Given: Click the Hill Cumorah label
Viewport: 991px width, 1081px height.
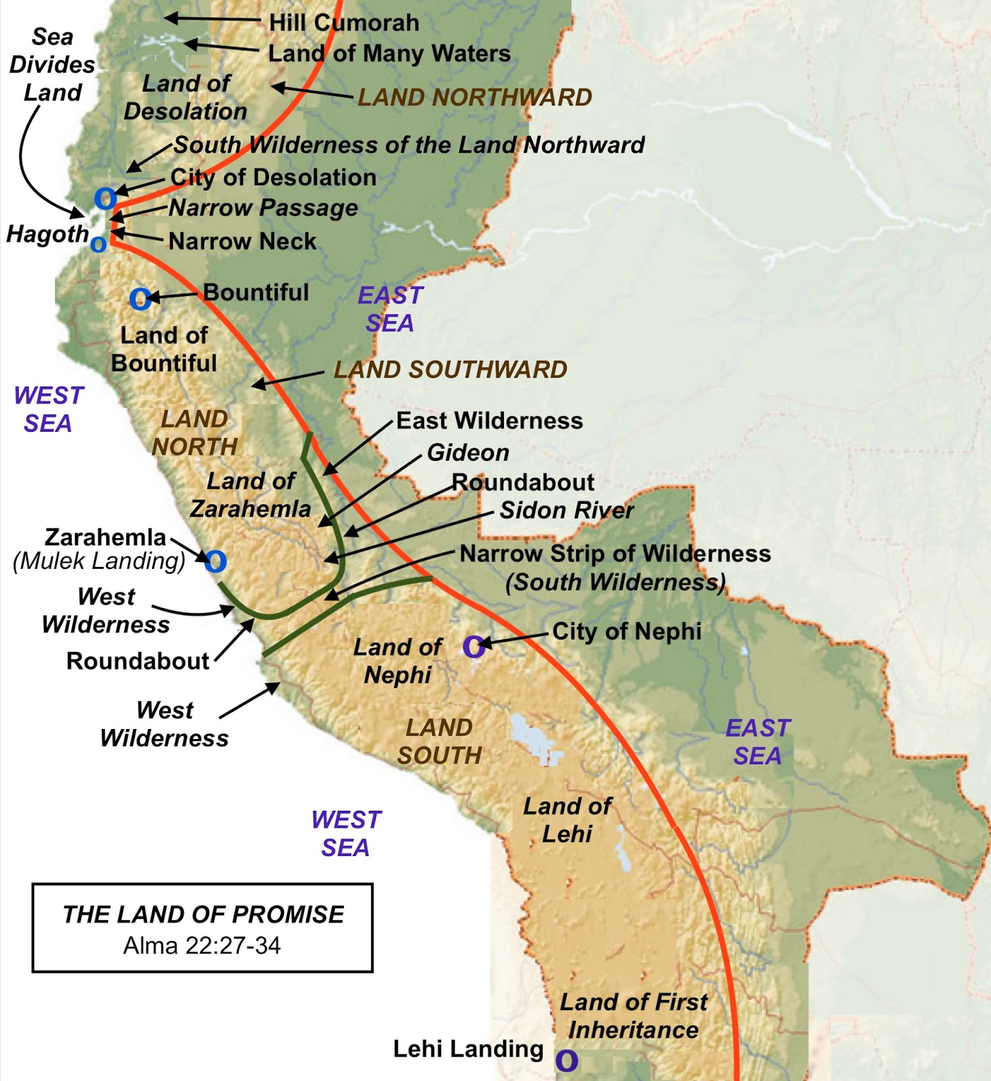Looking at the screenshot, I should pyautogui.click(x=343, y=22).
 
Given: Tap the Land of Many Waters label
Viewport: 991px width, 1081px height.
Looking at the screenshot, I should pyautogui.click(x=389, y=53).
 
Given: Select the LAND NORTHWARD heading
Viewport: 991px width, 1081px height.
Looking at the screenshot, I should pyautogui.click(x=474, y=97).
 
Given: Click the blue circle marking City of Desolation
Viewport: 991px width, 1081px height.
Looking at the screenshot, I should pyautogui.click(x=105, y=199).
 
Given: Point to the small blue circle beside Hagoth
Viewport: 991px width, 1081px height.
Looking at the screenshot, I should pyautogui.click(x=99, y=244).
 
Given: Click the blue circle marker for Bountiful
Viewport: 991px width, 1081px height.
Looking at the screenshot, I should pyautogui.click(x=140, y=299).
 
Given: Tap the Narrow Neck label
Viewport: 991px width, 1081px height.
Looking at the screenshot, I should pyautogui.click(x=242, y=241).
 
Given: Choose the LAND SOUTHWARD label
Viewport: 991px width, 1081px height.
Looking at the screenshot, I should pyautogui.click(x=450, y=370).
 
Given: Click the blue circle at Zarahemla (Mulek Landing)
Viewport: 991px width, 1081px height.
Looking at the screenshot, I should pyautogui.click(x=215, y=561).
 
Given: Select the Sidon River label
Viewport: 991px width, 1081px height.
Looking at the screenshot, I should pyautogui.click(x=566, y=511).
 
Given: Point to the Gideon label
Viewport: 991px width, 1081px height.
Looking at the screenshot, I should pyautogui.click(x=468, y=453).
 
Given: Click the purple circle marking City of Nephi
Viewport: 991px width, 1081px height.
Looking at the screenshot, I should pyautogui.click(x=473, y=647).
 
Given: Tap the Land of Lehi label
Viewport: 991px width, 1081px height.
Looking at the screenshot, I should pyautogui.click(x=567, y=820).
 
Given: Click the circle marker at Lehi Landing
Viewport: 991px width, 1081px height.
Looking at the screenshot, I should pyautogui.click(x=566, y=1061).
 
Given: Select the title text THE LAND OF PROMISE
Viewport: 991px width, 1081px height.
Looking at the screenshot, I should pyautogui.click(x=203, y=914).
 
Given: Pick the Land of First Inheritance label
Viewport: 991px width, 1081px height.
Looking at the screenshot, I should pyautogui.click(x=633, y=1015).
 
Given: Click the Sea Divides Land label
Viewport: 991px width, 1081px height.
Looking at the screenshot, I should pyautogui.click(x=52, y=64).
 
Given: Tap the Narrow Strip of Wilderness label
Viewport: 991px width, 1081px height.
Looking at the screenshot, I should pyautogui.click(x=615, y=554).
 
